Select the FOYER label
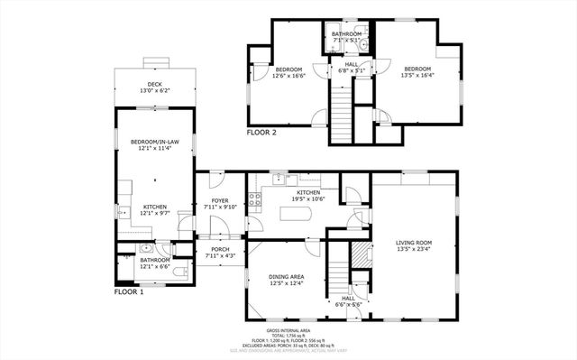(x=220, y=200)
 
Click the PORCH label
(x=220, y=250)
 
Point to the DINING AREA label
(x=286, y=277)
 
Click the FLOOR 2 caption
(x=261, y=133)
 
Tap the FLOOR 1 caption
(x=129, y=292)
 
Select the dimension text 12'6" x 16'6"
(x=288, y=77)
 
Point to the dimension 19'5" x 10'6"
(x=309, y=199)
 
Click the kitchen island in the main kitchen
(x=297, y=215)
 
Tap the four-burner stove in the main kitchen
(x=255, y=199)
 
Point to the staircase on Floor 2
(x=341, y=108)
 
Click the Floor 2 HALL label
(x=351, y=64)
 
